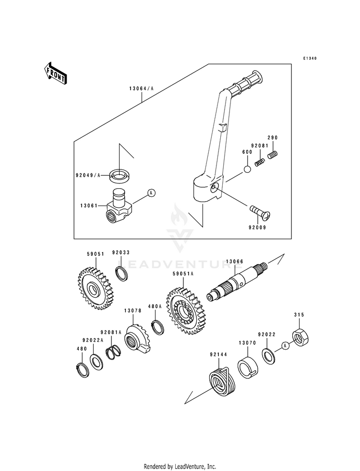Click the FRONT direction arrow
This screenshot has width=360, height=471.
(56, 72)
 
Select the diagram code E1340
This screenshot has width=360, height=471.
(310, 58)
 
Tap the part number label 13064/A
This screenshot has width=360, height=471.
(142, 88)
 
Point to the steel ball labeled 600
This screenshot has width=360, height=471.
(247, 169)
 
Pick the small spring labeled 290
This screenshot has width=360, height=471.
(273, 155)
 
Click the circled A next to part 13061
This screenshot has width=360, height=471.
(152, 193)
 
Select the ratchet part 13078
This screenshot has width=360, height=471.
(137, 339)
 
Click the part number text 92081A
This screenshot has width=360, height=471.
(111, 332)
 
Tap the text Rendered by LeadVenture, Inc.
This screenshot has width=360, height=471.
(180, 467)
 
